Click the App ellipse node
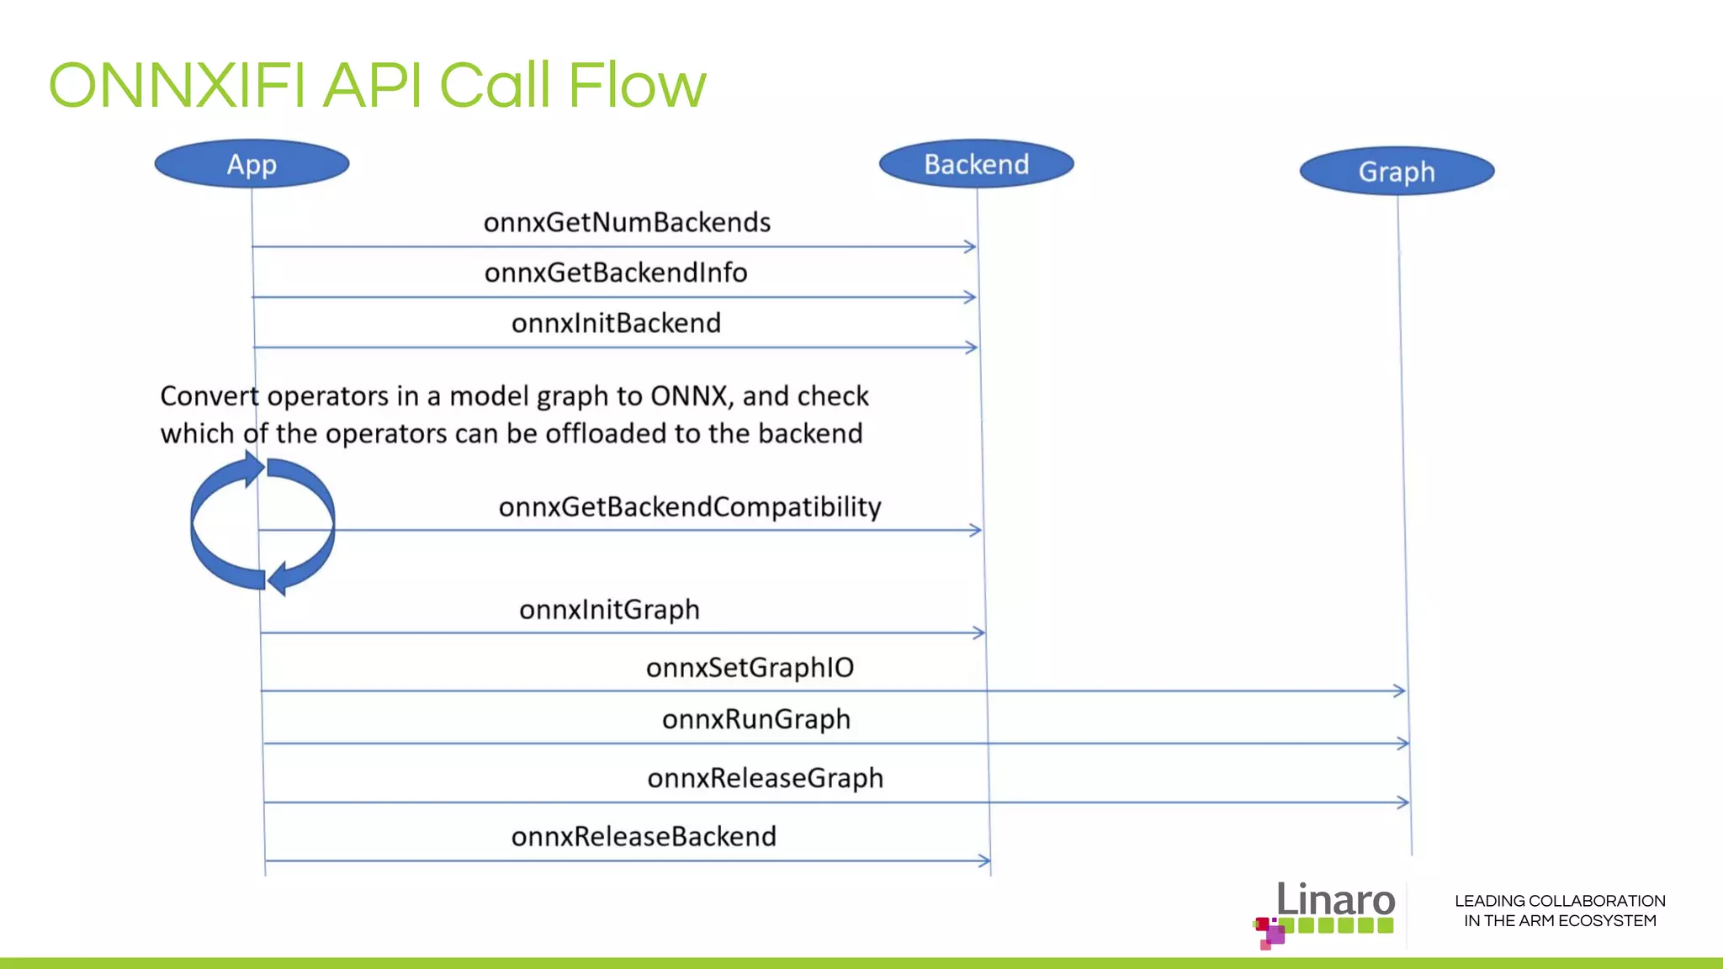tap(252, 164)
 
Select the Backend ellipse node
tap(976, 164)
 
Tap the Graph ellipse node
tap(1397, 172)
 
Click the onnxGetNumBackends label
tap(627, 223)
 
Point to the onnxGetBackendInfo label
tap(616, 273)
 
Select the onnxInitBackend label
tap(616, 324)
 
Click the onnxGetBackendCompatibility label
tap(690, 507)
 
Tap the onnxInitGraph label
tap(609, 610)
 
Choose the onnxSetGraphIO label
tap(750, 668)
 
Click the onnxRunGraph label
tap(755, 720)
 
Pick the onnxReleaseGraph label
tap(765, 779)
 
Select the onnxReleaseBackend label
tap(644, 837)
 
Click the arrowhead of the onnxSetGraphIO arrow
tap(1400, 691)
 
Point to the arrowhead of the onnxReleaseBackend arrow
tap(985, 860)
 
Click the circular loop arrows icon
tap(262, 523)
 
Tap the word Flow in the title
tap(637, 86)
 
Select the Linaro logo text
tap(1335, 900)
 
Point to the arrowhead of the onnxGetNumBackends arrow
tap(971, 246)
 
